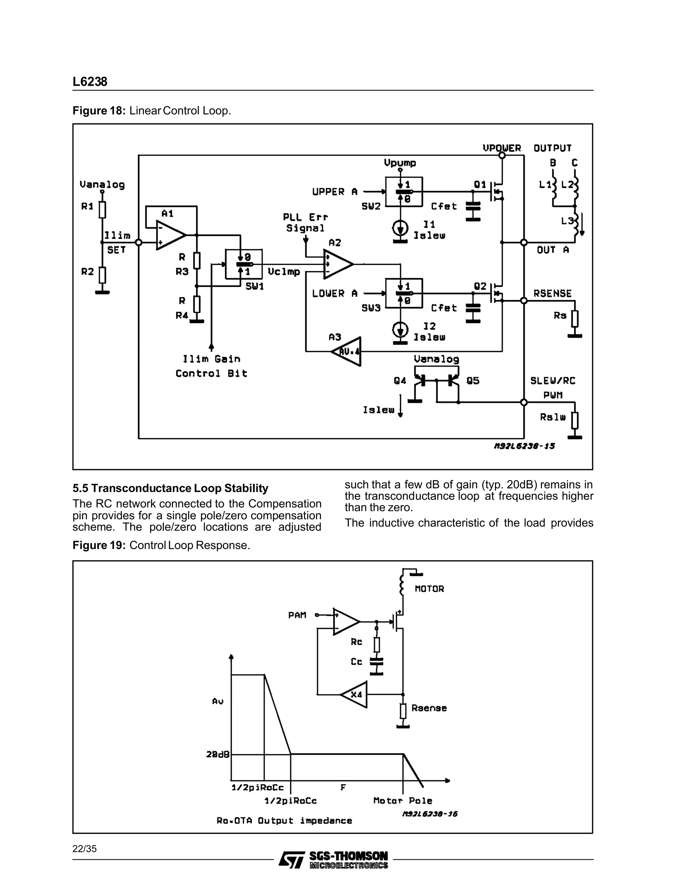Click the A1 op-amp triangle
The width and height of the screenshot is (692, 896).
169,235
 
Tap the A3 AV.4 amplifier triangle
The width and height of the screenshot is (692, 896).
348,352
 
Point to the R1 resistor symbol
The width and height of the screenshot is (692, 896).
102,209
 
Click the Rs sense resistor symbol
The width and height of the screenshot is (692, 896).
575,319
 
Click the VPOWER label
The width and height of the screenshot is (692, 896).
501,148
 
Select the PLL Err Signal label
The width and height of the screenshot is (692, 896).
305,223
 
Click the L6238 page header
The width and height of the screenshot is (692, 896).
90,81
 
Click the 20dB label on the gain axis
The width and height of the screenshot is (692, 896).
218,754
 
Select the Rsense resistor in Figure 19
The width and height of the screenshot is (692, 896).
403,711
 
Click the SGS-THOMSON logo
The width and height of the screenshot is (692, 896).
333,859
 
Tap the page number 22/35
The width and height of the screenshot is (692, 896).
84,849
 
